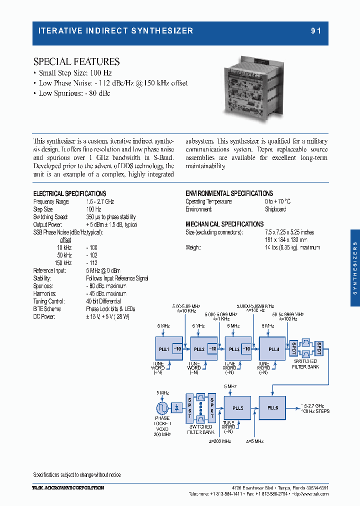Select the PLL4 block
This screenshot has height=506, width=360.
point(273,349)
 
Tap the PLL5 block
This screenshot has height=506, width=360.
point(238,407)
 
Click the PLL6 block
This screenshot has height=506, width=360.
point(273,407)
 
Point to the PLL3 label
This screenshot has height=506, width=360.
point(233,349)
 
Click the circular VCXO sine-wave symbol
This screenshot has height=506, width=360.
point(162,407)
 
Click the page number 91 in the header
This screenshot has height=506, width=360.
point(315,30)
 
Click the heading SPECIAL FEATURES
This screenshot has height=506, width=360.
point(76,62)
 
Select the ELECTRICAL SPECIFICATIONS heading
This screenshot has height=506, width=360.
point(69,193)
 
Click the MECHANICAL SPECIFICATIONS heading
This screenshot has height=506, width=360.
point(224,224)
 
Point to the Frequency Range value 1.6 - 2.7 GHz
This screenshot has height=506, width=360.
point(100,201)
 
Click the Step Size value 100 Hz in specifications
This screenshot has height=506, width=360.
point(93,209)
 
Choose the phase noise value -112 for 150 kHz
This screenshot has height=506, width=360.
point(91,263)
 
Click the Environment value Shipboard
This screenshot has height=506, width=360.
point(275,209)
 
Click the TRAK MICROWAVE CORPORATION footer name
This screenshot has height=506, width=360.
point(68,487)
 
